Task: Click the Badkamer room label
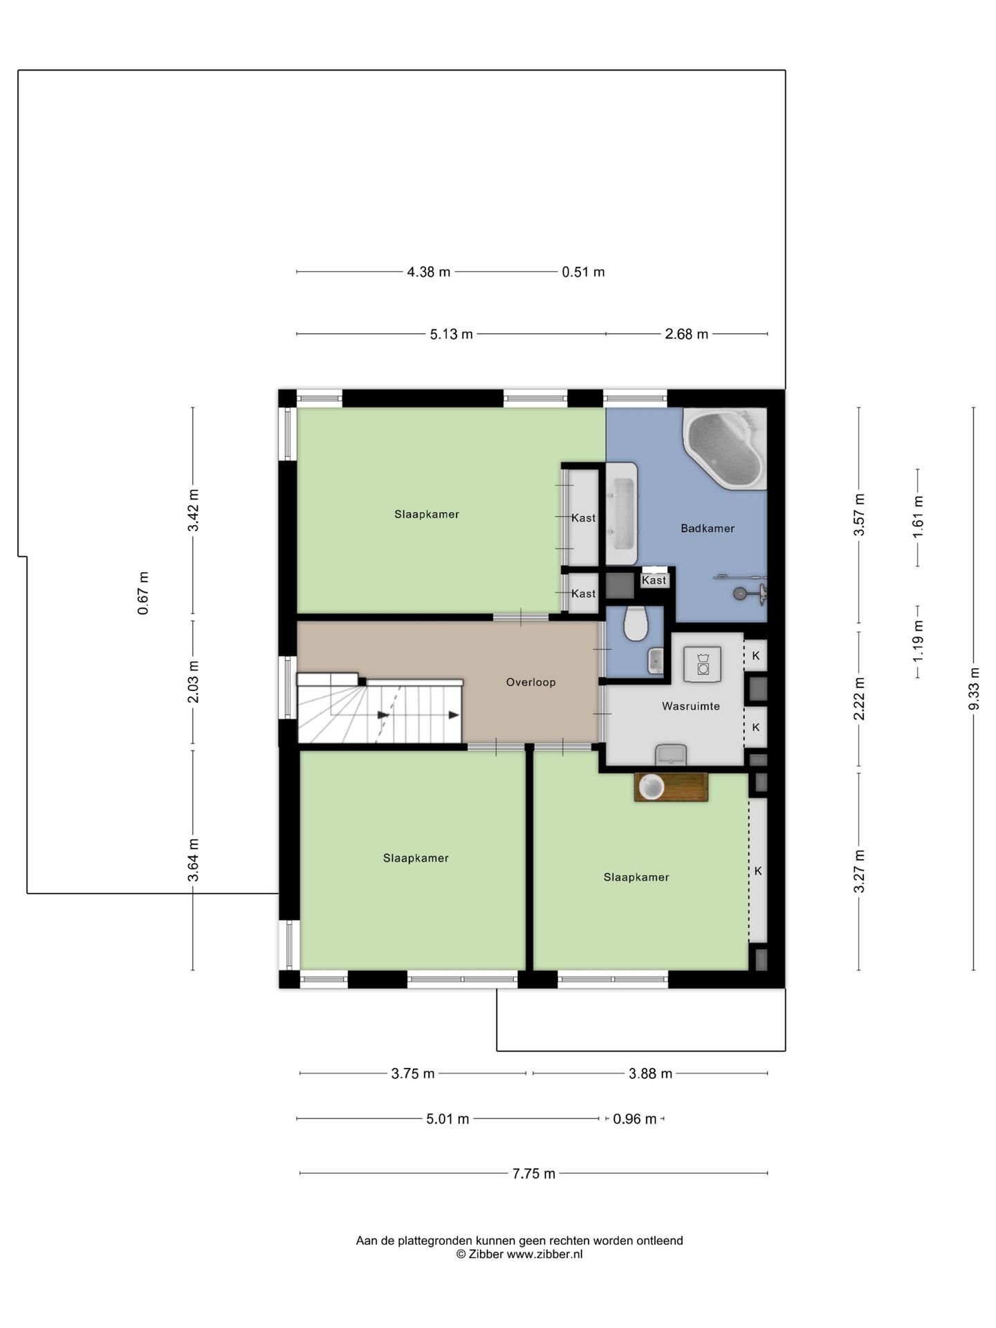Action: [707, 528]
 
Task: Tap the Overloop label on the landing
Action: [531, 682]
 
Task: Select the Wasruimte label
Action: [690, 706]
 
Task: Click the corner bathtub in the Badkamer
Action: [725, 449]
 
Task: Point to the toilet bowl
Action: [636, 623]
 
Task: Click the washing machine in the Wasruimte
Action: [703, 665]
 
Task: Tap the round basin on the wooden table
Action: [652, 786]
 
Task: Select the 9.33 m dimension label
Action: [974, 689]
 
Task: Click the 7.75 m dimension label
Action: [534, 1173]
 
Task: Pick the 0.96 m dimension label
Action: [634, 1118]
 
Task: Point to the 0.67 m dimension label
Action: [143, 593]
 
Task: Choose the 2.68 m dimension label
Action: [686, 334]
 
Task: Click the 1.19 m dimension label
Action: [918, 640]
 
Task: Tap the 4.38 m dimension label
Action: [428, 272]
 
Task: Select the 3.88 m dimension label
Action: [650, 1073]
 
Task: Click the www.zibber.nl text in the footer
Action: [544, 1254]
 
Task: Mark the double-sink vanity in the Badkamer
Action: [621, 514]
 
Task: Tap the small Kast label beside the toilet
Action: [654, 580]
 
